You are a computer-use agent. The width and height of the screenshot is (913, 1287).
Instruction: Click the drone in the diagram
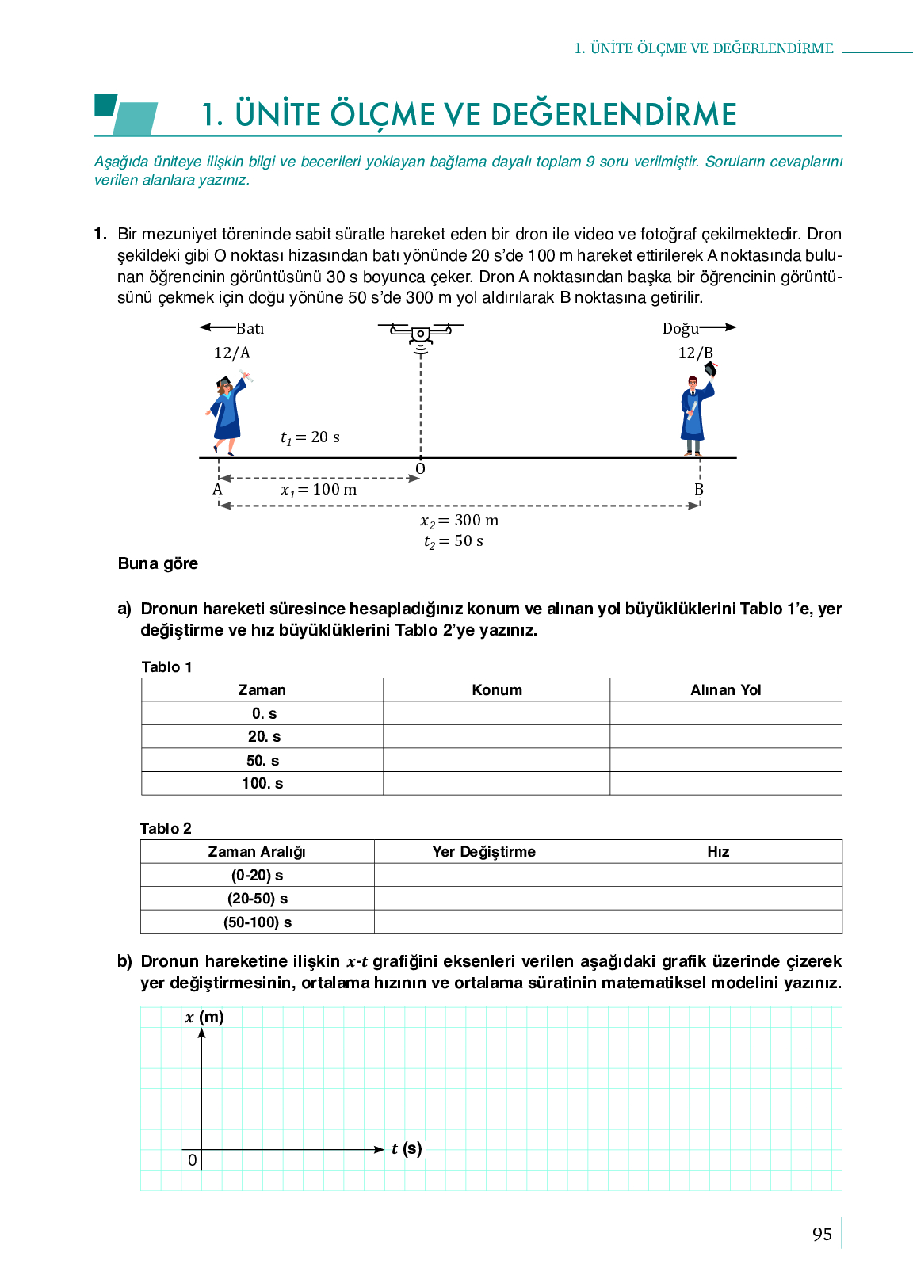[x=420, y=333]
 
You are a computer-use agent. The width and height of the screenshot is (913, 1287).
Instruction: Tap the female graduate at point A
[x=228, y=414]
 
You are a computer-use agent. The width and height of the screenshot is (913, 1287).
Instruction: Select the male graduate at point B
[x=695, y=411]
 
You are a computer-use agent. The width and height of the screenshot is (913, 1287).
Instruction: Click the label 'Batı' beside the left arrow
[x=250, y=328]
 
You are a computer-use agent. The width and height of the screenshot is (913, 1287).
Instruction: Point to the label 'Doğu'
[x=680, y=328]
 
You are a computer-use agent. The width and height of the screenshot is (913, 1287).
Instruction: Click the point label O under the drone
[x=421, y=469]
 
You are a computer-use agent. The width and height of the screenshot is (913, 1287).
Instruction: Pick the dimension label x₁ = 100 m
[x=319, y=490]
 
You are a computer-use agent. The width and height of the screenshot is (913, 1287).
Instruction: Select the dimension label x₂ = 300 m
[x=460, y=521]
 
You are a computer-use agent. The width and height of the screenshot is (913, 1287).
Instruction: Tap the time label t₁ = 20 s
[x=310, y=437]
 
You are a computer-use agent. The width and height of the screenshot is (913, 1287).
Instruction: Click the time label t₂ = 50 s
[x=453, y=541]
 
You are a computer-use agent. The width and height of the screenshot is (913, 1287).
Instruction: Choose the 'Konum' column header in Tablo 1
[x=497, y=690]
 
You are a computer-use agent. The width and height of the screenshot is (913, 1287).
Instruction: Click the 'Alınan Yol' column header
[x=725, y=690]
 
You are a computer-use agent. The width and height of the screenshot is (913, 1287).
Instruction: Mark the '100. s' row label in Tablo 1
[x=262, y=784]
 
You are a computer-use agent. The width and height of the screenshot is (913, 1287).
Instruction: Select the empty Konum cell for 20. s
[x=497, y=737]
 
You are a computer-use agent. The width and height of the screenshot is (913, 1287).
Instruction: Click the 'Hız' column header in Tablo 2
[x=718, y=852]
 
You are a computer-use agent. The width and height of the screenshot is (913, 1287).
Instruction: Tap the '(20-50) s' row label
[x=258, y=899]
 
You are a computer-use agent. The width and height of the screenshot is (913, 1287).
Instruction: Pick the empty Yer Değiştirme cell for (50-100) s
[x=483, y=922]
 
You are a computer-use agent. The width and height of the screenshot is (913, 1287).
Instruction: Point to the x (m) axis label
[x=204, y=1018]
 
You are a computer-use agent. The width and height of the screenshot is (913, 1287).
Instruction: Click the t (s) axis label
[x=407, y=1148]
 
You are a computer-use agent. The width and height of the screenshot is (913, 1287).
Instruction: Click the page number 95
[x=822, y=1235]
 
